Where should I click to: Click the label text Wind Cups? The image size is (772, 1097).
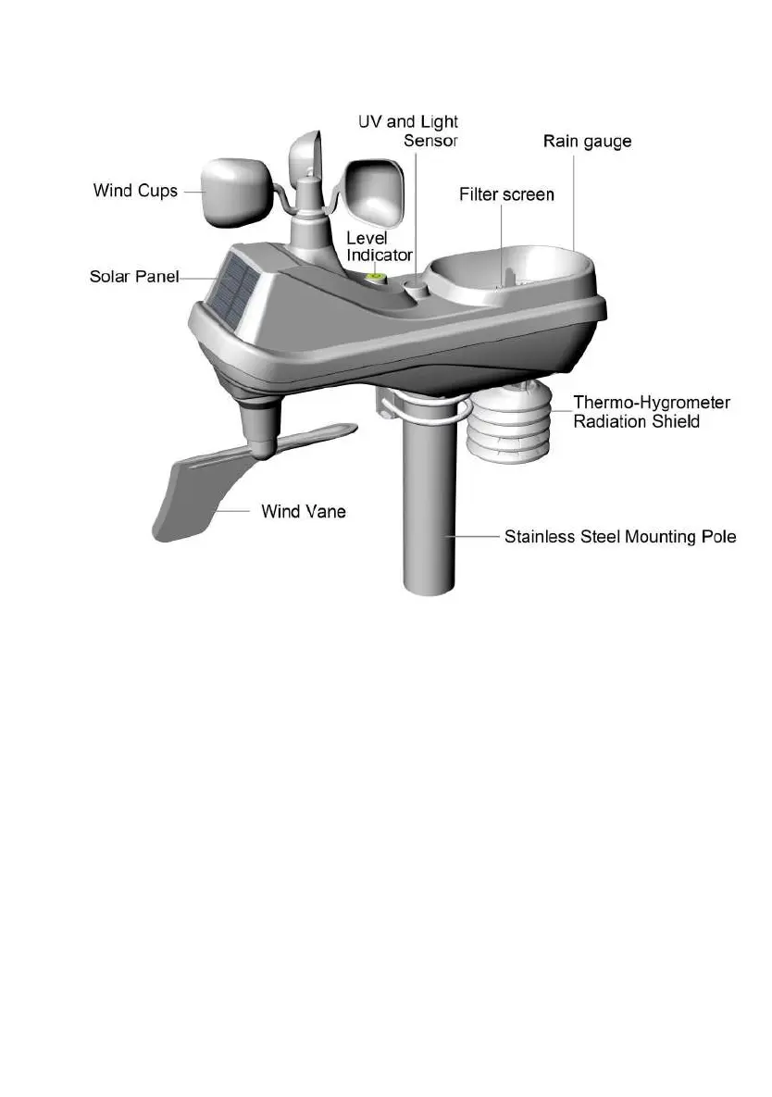click(x=135, y=192)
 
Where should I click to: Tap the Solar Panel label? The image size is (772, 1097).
click(x=133, y=276)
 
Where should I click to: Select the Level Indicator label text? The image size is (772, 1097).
click(x=379, y=247)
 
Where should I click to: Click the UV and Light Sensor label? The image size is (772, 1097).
click(x=408, y=131)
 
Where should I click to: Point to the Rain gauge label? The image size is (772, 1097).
click(x=587, y=142)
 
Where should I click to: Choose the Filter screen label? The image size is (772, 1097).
click(x=506, y=194)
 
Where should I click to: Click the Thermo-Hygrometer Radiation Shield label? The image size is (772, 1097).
click(x=652, y=412)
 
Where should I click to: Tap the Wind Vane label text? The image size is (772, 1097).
click(x=304, y=510)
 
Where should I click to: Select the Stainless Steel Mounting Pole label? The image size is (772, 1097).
click(x=620, y=537)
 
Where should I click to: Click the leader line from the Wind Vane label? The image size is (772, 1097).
click(x=236, y=510)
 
